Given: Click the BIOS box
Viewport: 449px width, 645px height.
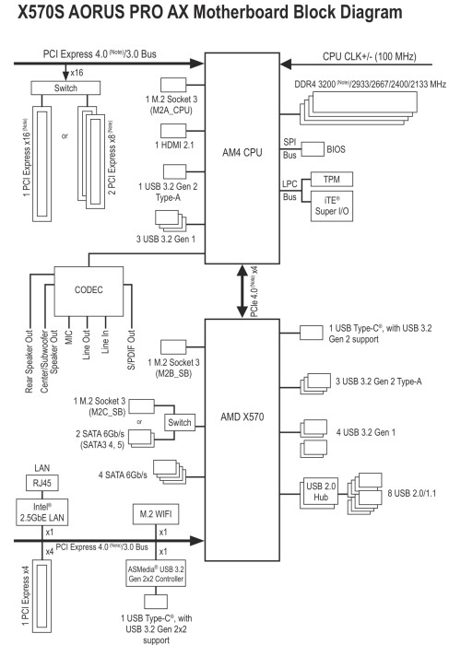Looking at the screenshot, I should [x=338, y=147].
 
